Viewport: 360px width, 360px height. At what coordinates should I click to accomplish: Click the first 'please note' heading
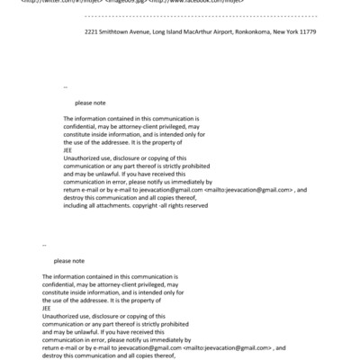pyautogui.click(x=90, y=103)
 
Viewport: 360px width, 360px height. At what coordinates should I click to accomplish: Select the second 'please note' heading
pyautogui.click(x=68, y=260)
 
